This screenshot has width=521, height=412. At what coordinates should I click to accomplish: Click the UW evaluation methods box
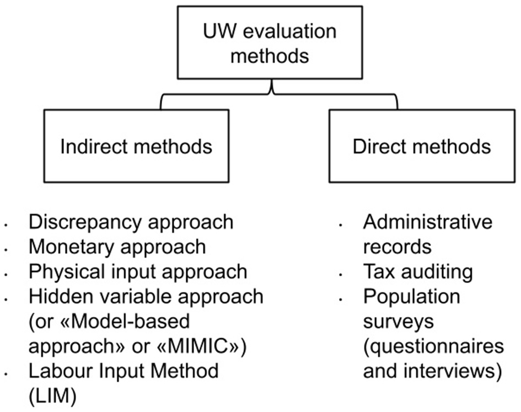point(270,42)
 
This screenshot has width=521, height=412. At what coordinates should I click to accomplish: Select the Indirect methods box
point(136,146)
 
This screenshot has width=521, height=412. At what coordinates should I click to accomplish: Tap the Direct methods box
point(422,146)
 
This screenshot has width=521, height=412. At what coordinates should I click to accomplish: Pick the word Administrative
point(427,222)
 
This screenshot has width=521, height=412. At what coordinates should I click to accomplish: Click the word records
point(397,247)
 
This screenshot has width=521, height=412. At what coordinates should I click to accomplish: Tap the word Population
point(411,296)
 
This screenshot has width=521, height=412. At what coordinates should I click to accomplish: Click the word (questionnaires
point(433,346)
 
